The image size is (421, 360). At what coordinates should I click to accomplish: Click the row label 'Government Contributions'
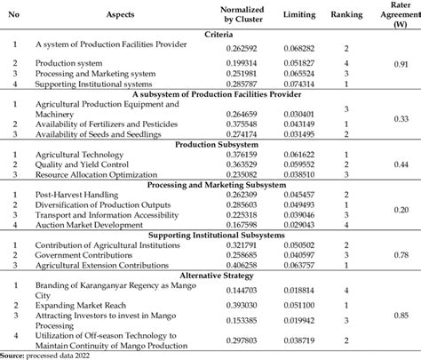[x=82, y=254]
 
